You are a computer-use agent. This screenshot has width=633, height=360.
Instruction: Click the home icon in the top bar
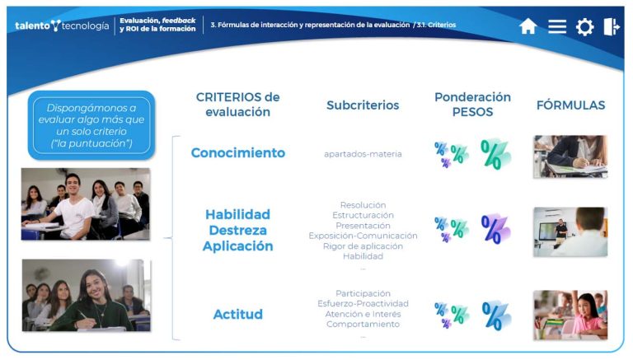528,26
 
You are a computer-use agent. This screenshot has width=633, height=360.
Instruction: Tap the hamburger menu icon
557,26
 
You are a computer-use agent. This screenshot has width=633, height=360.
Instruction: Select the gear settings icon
584,26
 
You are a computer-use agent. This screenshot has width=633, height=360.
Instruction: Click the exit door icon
612,26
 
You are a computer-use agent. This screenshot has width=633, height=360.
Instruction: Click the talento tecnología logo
61,26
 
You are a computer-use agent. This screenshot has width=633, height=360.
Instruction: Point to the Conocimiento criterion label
238,152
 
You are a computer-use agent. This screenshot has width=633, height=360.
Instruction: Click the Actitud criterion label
238,314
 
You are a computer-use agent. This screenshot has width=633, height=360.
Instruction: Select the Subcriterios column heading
363,105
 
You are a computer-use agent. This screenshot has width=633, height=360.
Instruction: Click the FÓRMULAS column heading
570,105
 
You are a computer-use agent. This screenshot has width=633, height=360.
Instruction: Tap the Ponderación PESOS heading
472,104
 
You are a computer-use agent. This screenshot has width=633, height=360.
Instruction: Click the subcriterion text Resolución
363,204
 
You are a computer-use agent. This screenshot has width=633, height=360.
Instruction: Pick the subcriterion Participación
363,293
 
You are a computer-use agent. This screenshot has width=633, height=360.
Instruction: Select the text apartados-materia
363,154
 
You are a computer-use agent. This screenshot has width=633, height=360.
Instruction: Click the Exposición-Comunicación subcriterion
363,236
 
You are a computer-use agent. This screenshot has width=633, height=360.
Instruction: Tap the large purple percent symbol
495,228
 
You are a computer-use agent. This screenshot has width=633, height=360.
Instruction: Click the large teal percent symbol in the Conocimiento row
495,153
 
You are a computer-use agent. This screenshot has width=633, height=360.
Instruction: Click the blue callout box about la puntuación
91,125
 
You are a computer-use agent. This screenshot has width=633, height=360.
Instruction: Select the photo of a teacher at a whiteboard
570,231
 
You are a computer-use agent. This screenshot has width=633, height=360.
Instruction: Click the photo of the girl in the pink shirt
570,315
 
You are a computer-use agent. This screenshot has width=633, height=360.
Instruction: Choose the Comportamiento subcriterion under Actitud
363,324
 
